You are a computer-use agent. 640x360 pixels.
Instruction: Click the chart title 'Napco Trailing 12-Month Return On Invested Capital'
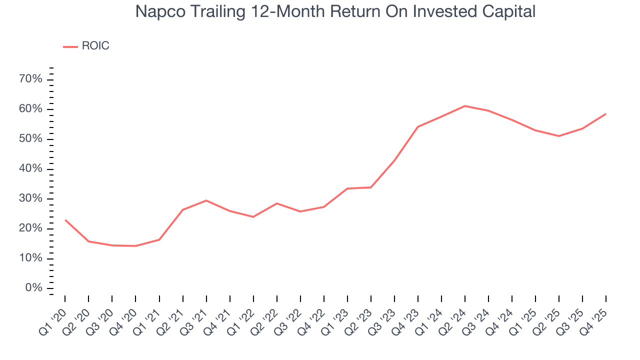click(335, 11)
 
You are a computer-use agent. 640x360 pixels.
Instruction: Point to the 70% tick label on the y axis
click(31, 79)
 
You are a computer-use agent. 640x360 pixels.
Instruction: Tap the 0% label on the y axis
click(34, 288)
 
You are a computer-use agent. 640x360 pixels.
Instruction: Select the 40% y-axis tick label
click(31, 169)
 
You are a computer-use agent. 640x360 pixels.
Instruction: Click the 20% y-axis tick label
click(31, 228)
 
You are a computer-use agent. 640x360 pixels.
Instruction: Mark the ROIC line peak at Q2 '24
click(465, 106)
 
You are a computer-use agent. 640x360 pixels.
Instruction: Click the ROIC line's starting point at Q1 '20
click(65, 220)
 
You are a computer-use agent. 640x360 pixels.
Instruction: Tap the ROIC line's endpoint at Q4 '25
click(606, 114)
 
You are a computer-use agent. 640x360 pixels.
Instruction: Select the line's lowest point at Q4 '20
click(135, 246)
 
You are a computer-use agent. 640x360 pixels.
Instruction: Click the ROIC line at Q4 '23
click(418, 127)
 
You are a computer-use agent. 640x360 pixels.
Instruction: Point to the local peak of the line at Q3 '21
click(206, 200)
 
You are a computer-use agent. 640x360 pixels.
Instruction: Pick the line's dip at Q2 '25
click(559, 136)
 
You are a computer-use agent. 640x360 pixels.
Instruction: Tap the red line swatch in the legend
click(70, 46)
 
